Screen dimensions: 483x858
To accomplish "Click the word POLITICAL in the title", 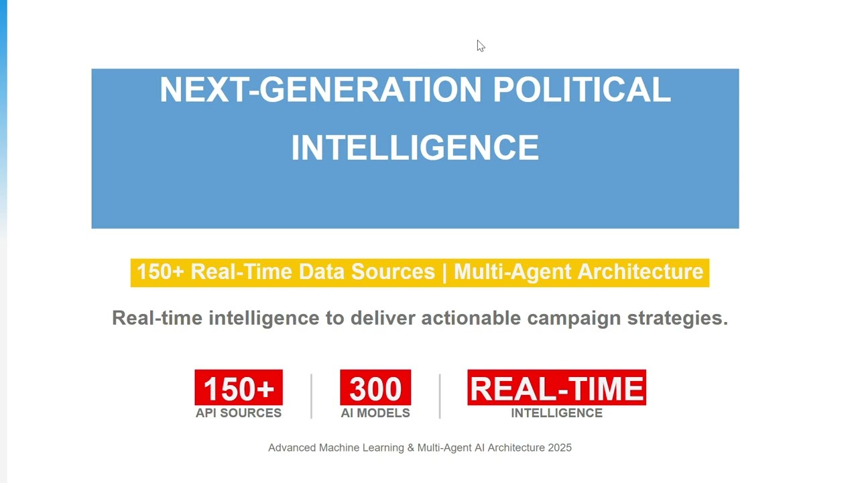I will click(x=581, y=90).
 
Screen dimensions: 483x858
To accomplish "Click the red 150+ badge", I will click(x=239, y=388).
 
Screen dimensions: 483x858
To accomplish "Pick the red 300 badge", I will click(x=375, y=388).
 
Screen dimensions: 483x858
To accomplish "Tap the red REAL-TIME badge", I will click(x=556, y=388).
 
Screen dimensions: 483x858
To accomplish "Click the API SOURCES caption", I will click(x=239, y=413).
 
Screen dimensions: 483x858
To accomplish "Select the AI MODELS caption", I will click(x=375, y=413).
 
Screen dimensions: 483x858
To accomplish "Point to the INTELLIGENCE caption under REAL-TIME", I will click(x=556, y=413).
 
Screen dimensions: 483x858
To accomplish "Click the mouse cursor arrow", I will click(x=480, y=45).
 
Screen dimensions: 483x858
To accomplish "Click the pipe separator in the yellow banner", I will click(x=444, y=272).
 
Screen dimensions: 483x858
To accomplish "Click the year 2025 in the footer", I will click(x=560, y=447).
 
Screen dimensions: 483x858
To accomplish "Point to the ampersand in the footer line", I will click(x=410, y=447).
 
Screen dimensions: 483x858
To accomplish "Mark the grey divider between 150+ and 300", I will click(x=312, y=396).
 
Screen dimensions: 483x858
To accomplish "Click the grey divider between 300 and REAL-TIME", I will click(x=440, y=396).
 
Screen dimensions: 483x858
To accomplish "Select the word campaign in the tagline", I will click(x=574, y=318).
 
